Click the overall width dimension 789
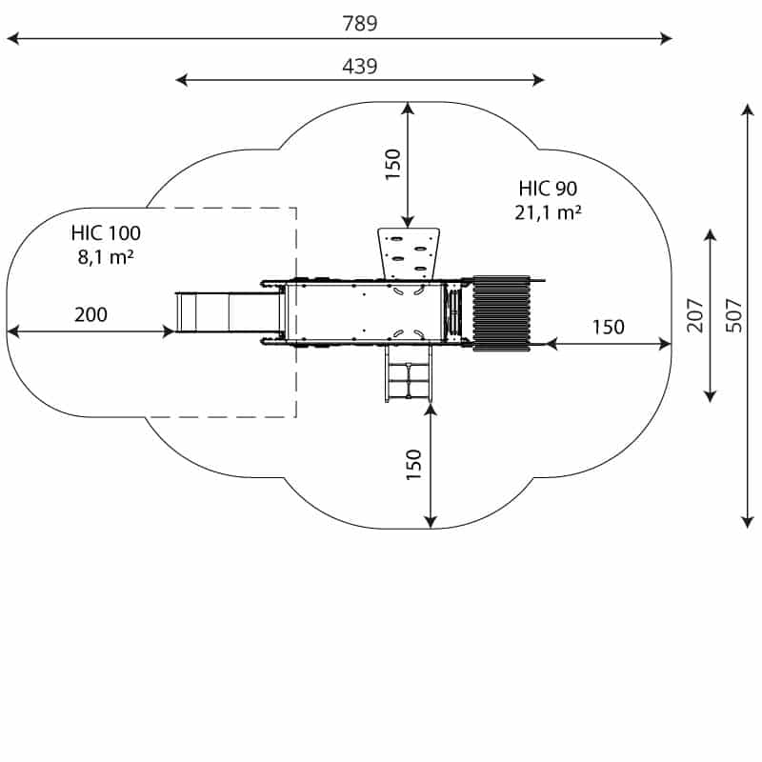click(x=360, y=24)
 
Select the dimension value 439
click(x=360, y=66)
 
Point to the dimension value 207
click(x=695, y=315)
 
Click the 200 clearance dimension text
click(x=90, y=315)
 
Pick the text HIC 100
click(x=106, y=232)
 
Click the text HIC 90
click(x=548, y=189)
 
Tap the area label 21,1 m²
click(x=548, y=212)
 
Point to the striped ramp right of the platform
click(x=502, y=312)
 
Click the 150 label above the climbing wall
click(x=392, y=164)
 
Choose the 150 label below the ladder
click(x=414, y=464)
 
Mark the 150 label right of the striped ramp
click(x=609, y=328)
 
